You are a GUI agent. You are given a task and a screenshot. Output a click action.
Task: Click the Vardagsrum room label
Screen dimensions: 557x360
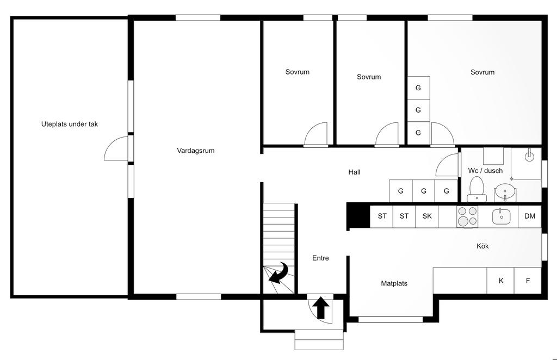[x=196, y=151]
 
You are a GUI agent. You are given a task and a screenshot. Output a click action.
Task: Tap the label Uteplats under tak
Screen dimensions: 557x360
[x=70, y=125]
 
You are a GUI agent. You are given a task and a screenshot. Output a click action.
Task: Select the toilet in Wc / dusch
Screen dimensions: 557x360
[x=476, y=189]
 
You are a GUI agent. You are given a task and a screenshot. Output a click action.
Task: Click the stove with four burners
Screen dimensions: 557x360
[x=467, y=216]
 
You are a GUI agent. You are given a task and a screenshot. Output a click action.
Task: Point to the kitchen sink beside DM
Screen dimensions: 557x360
[x=501, y=216]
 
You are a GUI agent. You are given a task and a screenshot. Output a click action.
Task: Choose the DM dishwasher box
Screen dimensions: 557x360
[x=530, y=216]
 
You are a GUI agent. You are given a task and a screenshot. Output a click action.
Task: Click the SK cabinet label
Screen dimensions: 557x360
[x=427, y=216]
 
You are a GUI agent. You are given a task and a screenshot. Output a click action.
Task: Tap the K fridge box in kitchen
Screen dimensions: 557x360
[x=500, y=281]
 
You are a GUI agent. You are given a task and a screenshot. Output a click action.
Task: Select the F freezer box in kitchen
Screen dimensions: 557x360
[x=528, y=281]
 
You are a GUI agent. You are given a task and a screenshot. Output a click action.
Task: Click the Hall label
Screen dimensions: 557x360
[x=354, y=172]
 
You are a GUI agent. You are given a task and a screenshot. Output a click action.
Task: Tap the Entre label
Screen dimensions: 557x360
[x=320, y=258]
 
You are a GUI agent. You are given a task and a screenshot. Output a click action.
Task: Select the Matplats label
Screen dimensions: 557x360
[x=394, y=283]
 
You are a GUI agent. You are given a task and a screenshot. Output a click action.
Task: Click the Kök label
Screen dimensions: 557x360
[x=482, y=246]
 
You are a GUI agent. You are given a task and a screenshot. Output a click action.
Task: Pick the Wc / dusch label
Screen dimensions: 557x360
[x=485, y=171]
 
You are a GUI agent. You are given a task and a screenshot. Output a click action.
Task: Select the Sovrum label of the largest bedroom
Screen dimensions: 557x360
[x=482, y=72]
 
